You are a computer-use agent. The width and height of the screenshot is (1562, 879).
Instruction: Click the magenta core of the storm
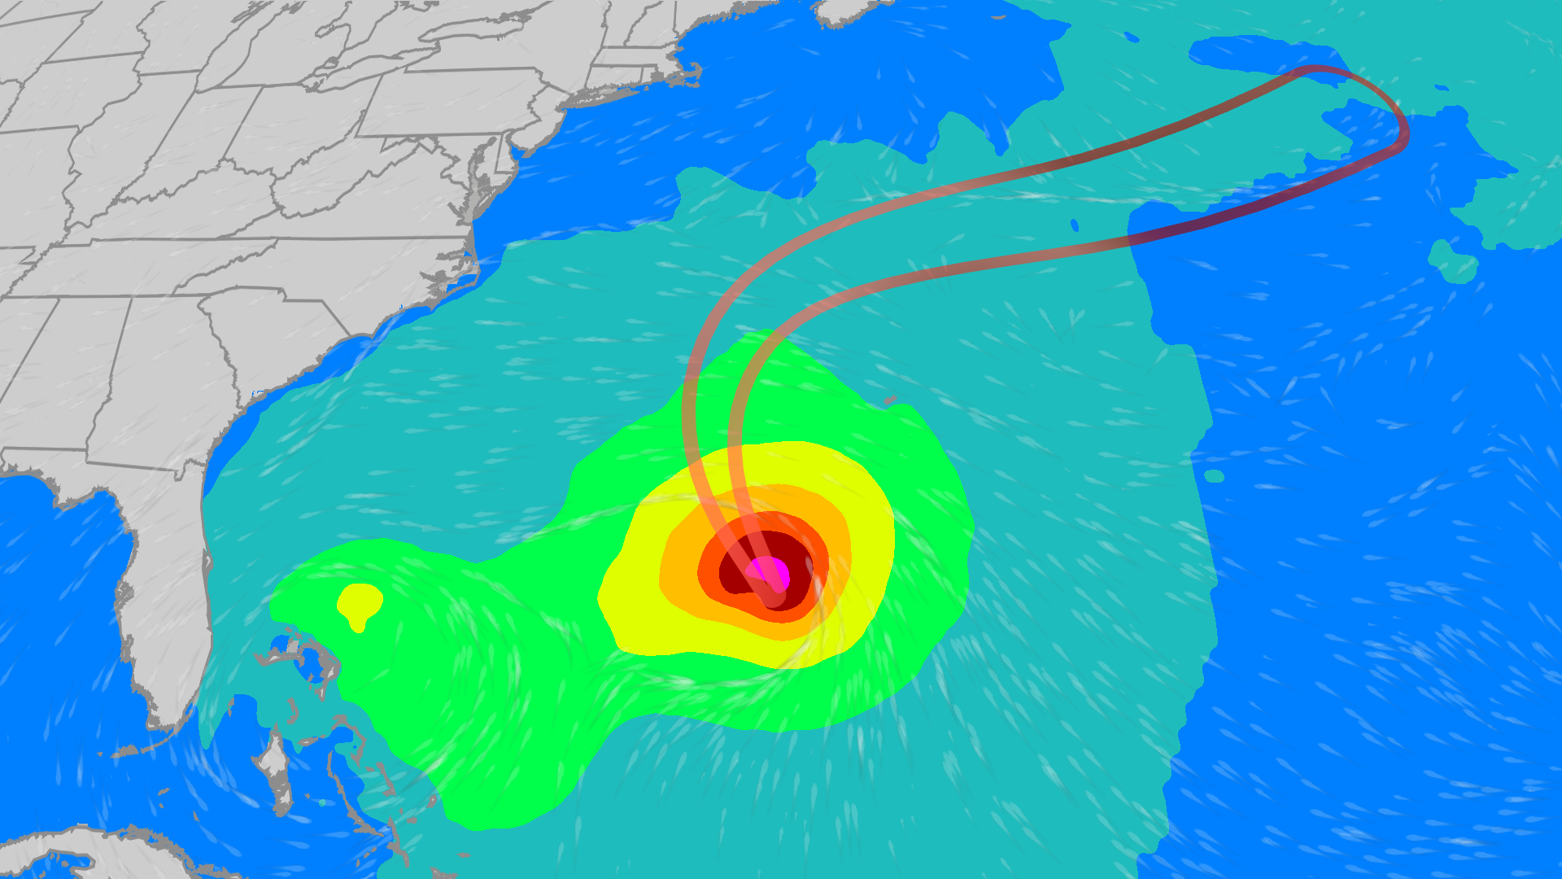click(x=769, y=571)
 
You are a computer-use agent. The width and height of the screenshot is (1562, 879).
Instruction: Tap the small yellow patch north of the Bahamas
click(x=359, y=602)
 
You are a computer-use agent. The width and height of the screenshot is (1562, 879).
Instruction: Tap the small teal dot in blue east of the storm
click(x=1214, y=476)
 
